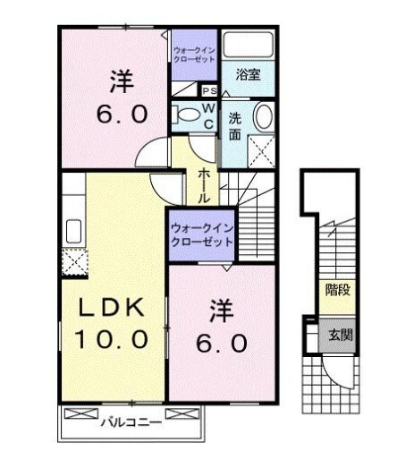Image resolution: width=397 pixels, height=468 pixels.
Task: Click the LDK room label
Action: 111,308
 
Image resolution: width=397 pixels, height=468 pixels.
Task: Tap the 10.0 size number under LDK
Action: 111,339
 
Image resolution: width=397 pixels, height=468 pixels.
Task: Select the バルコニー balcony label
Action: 131,422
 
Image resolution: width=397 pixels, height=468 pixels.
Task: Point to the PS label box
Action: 209,90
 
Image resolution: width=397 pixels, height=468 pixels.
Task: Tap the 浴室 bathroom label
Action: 249,74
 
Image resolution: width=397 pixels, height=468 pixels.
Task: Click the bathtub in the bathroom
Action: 249,44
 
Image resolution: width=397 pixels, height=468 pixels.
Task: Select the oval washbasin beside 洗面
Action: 263,116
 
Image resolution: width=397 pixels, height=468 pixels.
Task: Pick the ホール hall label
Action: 204,185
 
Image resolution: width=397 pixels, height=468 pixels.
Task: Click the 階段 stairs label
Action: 337,290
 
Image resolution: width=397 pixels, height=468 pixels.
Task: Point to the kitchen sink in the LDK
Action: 73,232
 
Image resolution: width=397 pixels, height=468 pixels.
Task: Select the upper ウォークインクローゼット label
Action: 194,55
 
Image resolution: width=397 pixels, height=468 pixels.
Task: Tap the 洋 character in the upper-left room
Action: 122,81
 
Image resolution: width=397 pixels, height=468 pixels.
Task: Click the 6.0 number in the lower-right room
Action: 222,343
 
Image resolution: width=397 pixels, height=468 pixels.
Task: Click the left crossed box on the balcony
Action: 81,413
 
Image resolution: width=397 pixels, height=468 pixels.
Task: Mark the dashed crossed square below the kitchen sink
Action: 75,262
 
